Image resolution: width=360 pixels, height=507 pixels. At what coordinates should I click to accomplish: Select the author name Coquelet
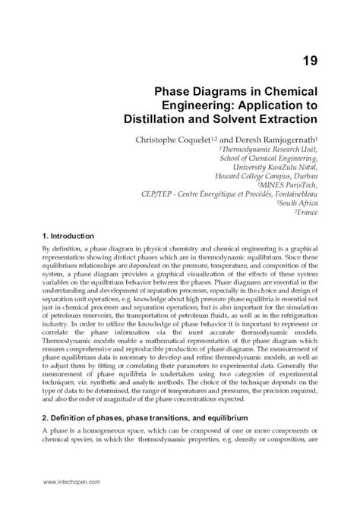199,140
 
